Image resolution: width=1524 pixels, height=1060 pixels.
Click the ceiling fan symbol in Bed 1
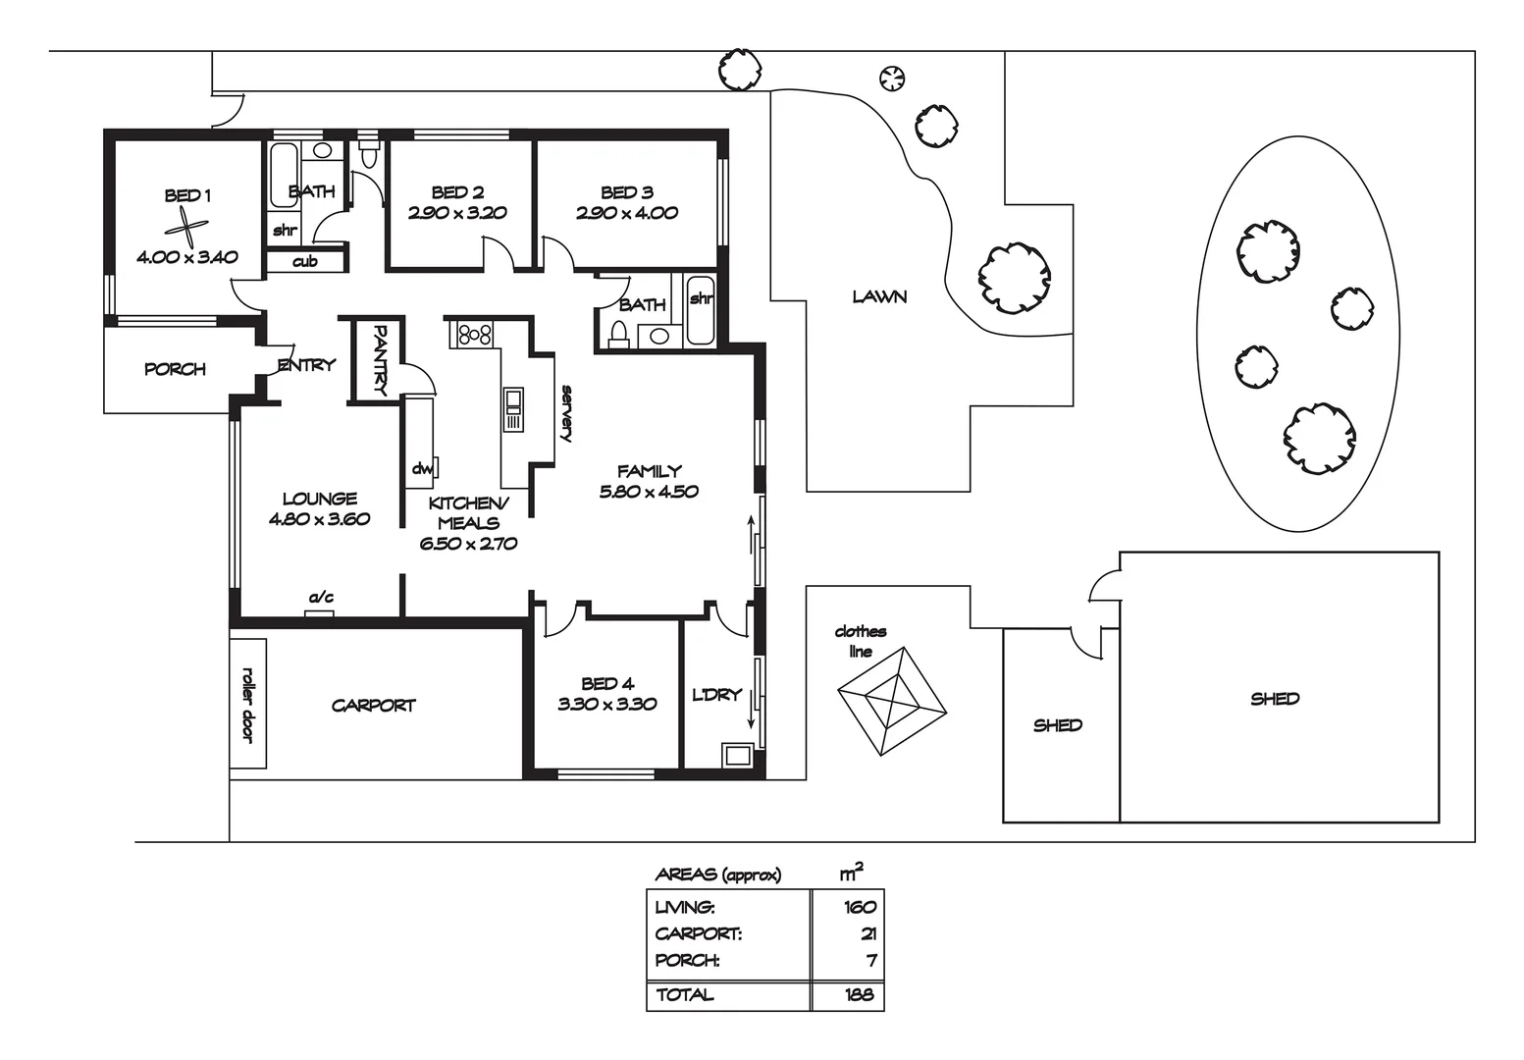click(186, 228)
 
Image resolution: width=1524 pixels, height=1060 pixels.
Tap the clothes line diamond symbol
click(891, 701)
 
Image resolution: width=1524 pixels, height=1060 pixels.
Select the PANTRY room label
click(380, 360)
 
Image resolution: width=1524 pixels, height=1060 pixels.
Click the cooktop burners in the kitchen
click(474, 334)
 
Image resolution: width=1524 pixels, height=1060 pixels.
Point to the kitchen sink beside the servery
click(513, 409)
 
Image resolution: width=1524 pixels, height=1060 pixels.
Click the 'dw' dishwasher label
click(422, 468)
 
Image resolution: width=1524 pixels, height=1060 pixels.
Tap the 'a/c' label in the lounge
click(321, 598)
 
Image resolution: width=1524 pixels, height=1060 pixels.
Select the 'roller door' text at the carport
click(248, 705)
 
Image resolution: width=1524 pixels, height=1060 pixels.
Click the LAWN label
click(879, 296)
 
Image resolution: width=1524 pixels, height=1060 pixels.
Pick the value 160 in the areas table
click(860, 907)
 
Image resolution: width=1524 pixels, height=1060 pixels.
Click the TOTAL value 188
click(860, 994)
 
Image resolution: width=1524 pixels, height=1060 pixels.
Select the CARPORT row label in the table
click(698, 933)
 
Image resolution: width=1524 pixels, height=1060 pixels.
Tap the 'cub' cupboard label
click(304, 261)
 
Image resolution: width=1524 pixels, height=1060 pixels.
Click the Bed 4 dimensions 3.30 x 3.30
click(606, 704)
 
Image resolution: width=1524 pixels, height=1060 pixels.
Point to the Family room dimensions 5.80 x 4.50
click(649, 491)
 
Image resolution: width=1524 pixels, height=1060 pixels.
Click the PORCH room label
click(175, 369)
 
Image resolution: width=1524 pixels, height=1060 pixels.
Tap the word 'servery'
click(566, 413)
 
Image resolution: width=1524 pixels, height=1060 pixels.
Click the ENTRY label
click(307, 365)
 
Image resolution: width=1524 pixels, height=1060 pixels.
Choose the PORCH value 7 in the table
click(871, 961)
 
